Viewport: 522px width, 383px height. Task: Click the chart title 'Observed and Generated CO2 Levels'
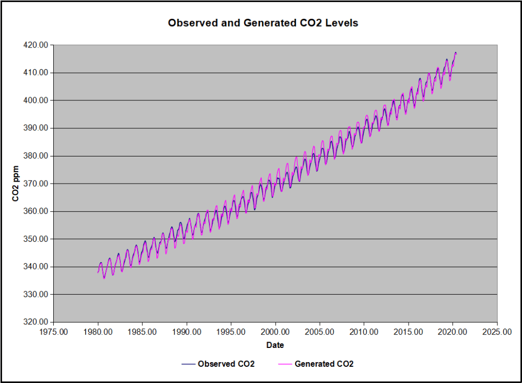(263, 24)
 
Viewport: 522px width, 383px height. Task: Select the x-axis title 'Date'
(275, 345)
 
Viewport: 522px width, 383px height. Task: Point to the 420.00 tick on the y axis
(36, 45)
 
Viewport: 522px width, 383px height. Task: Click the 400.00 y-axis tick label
(36, 100)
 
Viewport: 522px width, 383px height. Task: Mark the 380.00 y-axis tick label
(36, 156)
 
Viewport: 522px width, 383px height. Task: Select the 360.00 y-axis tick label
(36, 211)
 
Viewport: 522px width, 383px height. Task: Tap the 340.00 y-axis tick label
(36, 267)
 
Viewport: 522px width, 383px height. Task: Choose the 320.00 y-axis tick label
(36, 322)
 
